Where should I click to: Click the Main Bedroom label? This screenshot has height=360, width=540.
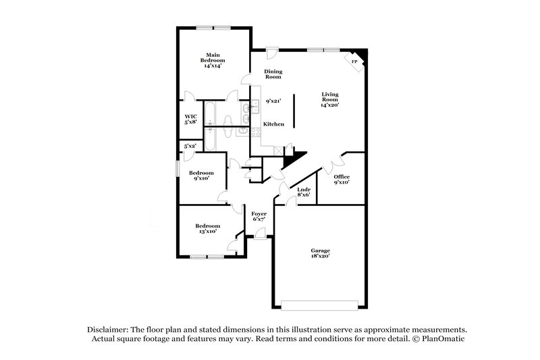click(x=213, y=59)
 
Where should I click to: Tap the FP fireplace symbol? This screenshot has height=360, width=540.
click(x=355, y=61)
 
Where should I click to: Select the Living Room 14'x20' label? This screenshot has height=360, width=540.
click(x=329, y=99)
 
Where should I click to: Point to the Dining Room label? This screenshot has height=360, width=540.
click(x=273, y=74)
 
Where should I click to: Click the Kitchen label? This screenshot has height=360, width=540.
click(x=273, y=124)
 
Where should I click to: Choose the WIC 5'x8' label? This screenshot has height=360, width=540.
click(x=191, y=119)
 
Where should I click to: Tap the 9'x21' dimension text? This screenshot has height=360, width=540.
click(x=273, y=101)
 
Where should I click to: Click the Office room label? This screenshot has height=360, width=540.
click(x=342, y=179)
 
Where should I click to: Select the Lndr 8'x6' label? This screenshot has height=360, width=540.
click(x=304, y=192)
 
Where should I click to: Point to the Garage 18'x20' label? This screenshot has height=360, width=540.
click(x=321, y=253)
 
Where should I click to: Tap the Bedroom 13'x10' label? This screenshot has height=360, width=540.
click(x=207, y=228)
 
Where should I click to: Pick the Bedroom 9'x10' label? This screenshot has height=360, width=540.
click(x=200, y=176)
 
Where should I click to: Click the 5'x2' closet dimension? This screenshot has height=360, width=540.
click(x=190, y=146)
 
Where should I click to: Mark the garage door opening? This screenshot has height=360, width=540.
click(x=321, y=303)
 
